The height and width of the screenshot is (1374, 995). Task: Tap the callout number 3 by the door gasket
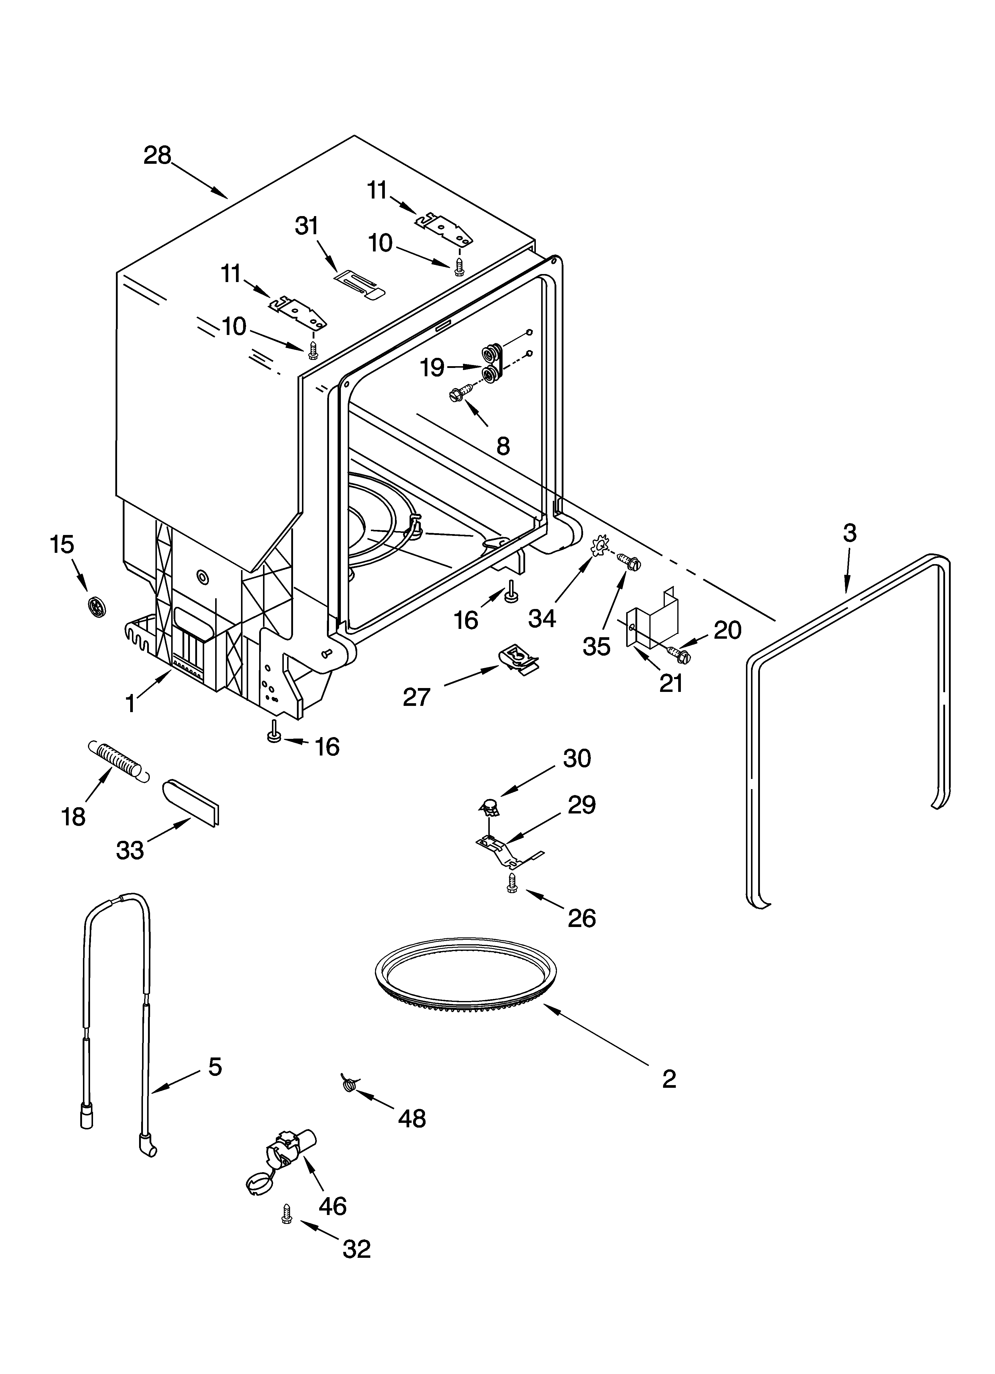(x=850, y=533)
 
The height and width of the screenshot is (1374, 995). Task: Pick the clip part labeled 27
(x=516, y=656)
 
